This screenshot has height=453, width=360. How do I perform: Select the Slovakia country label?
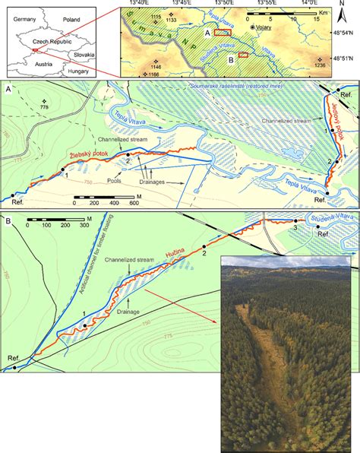(x=81, y=54)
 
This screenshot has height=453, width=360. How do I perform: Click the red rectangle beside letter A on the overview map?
(x=222, y=33)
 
